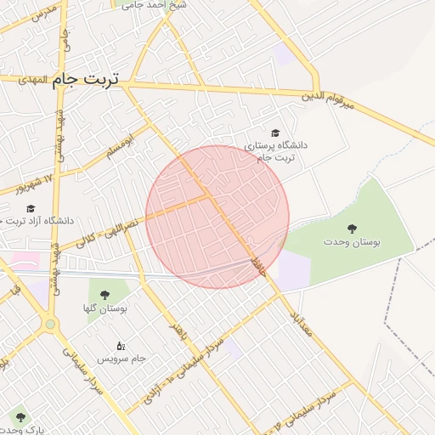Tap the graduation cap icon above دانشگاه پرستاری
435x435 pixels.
(274, 133)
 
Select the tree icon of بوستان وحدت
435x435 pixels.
(351, 228)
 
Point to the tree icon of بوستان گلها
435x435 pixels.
(105, 295)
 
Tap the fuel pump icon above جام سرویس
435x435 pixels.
(120, 346)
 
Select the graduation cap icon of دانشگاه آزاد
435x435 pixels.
(31, 208)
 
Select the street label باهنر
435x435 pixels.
(177, 333)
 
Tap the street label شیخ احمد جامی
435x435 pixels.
(167, 5)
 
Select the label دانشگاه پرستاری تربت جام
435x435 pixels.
(276, 151)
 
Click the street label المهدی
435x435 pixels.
(32, 79)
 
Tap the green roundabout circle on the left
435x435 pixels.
(51, 324)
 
